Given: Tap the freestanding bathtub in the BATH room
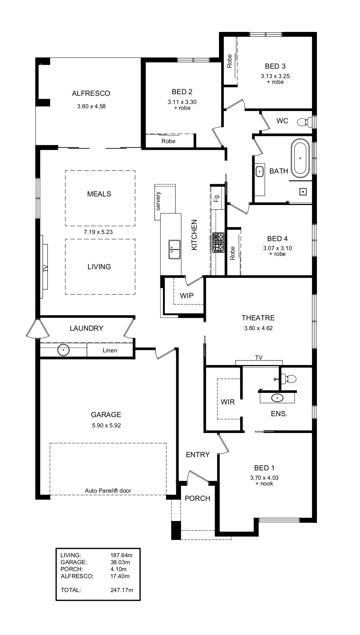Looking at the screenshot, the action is coord(300,158).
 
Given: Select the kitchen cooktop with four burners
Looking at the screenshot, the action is coord(218,242).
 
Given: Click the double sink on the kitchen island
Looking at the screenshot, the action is coord(174,250).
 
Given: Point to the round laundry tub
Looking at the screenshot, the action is coord(63,350).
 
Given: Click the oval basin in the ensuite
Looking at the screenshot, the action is coord(277,398).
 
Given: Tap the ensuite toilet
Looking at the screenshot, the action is coord(288,379).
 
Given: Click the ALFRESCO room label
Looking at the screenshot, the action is coord(91,93).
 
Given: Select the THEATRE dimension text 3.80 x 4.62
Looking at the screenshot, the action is coord(258,328).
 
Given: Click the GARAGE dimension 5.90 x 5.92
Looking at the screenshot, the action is coord(107,425).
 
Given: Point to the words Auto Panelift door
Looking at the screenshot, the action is coord(108,491).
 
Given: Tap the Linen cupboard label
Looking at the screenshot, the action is coord(110,351).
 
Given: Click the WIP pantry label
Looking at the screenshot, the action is coord(187,296).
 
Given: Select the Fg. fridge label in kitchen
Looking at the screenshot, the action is coord(216,198).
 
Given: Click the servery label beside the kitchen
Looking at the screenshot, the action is coord(158,201).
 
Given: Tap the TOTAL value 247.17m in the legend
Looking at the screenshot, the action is coord(122,590).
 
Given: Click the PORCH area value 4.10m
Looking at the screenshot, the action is coord(119,569).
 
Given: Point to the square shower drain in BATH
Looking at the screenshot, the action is coord(303,192).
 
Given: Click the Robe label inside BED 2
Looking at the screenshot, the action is coord(168,141).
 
